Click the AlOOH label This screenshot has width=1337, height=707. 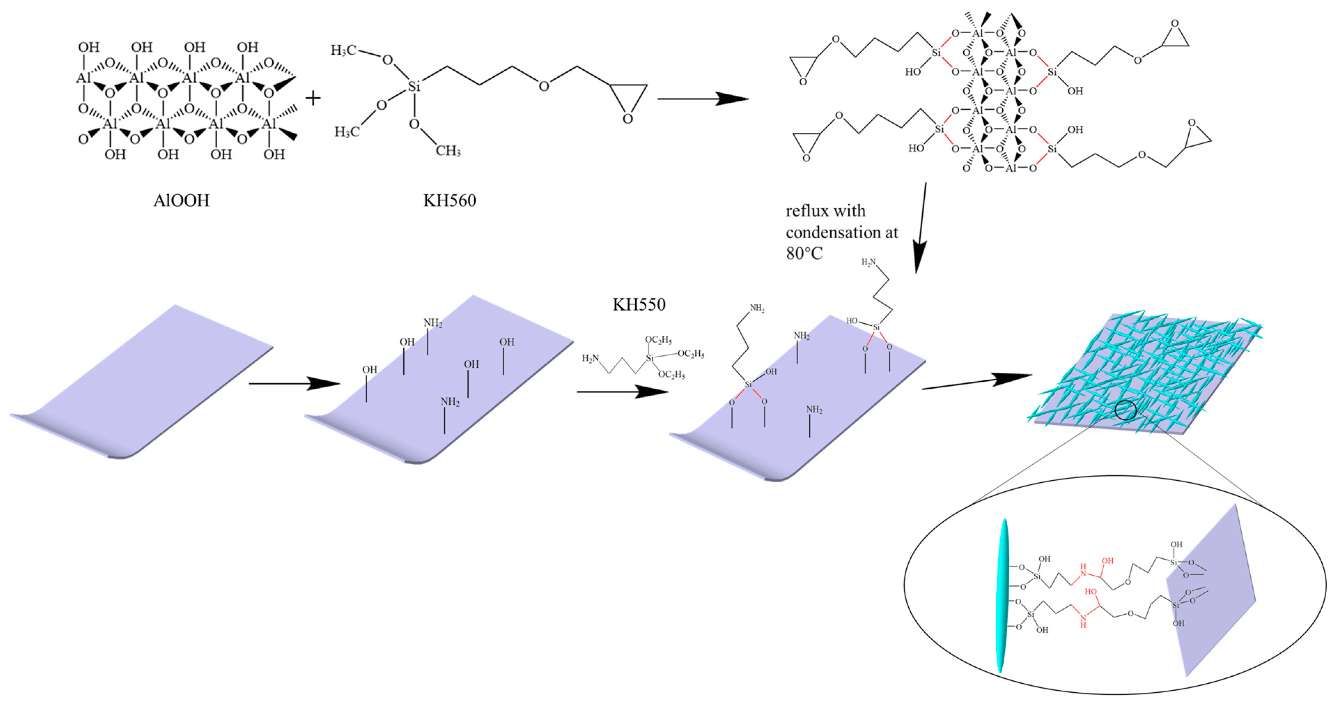181,200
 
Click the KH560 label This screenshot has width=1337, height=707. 450,200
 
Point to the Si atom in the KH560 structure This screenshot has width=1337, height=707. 414,86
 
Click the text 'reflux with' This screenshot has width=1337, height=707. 825,211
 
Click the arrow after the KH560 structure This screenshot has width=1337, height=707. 703,99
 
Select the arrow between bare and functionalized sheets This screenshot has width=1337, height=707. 294,383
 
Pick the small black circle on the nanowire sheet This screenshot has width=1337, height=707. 1126,410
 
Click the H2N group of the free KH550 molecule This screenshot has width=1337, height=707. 590,358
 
